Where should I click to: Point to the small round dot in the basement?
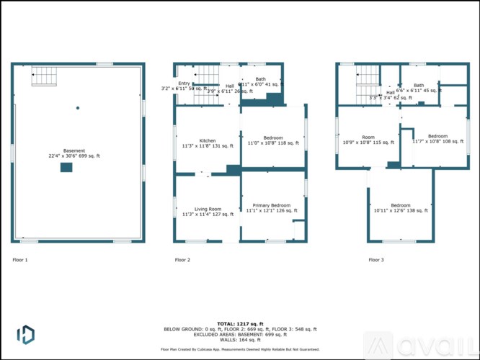point(78,108)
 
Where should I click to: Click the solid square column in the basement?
point(66,167)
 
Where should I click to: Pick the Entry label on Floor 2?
point(185,84)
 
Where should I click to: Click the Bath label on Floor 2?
point(260,79)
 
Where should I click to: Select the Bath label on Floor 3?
point(419,86)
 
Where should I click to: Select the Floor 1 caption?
point(20,259)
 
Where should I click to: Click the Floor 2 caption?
point(182,259)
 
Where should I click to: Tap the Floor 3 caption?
point(376,259)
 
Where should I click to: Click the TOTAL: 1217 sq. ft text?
point(239,323)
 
